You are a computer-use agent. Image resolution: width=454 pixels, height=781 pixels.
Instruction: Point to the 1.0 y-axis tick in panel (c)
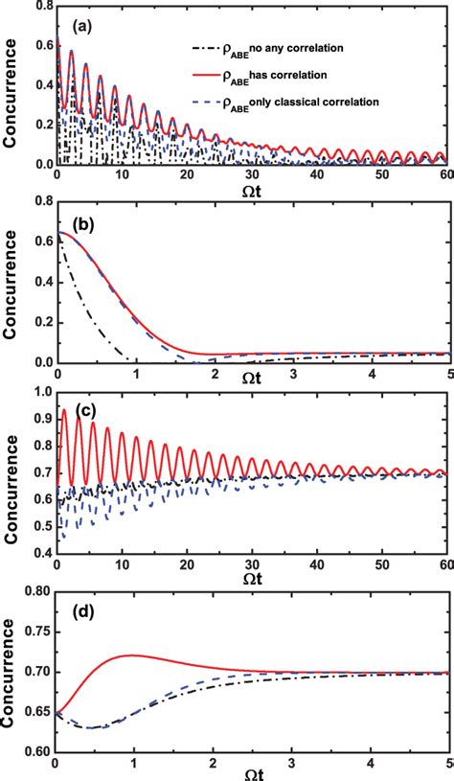[41, 394]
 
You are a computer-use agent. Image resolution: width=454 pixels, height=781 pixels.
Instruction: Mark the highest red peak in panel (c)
[64, 409]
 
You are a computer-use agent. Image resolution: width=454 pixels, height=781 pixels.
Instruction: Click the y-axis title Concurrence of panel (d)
[13, 671]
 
